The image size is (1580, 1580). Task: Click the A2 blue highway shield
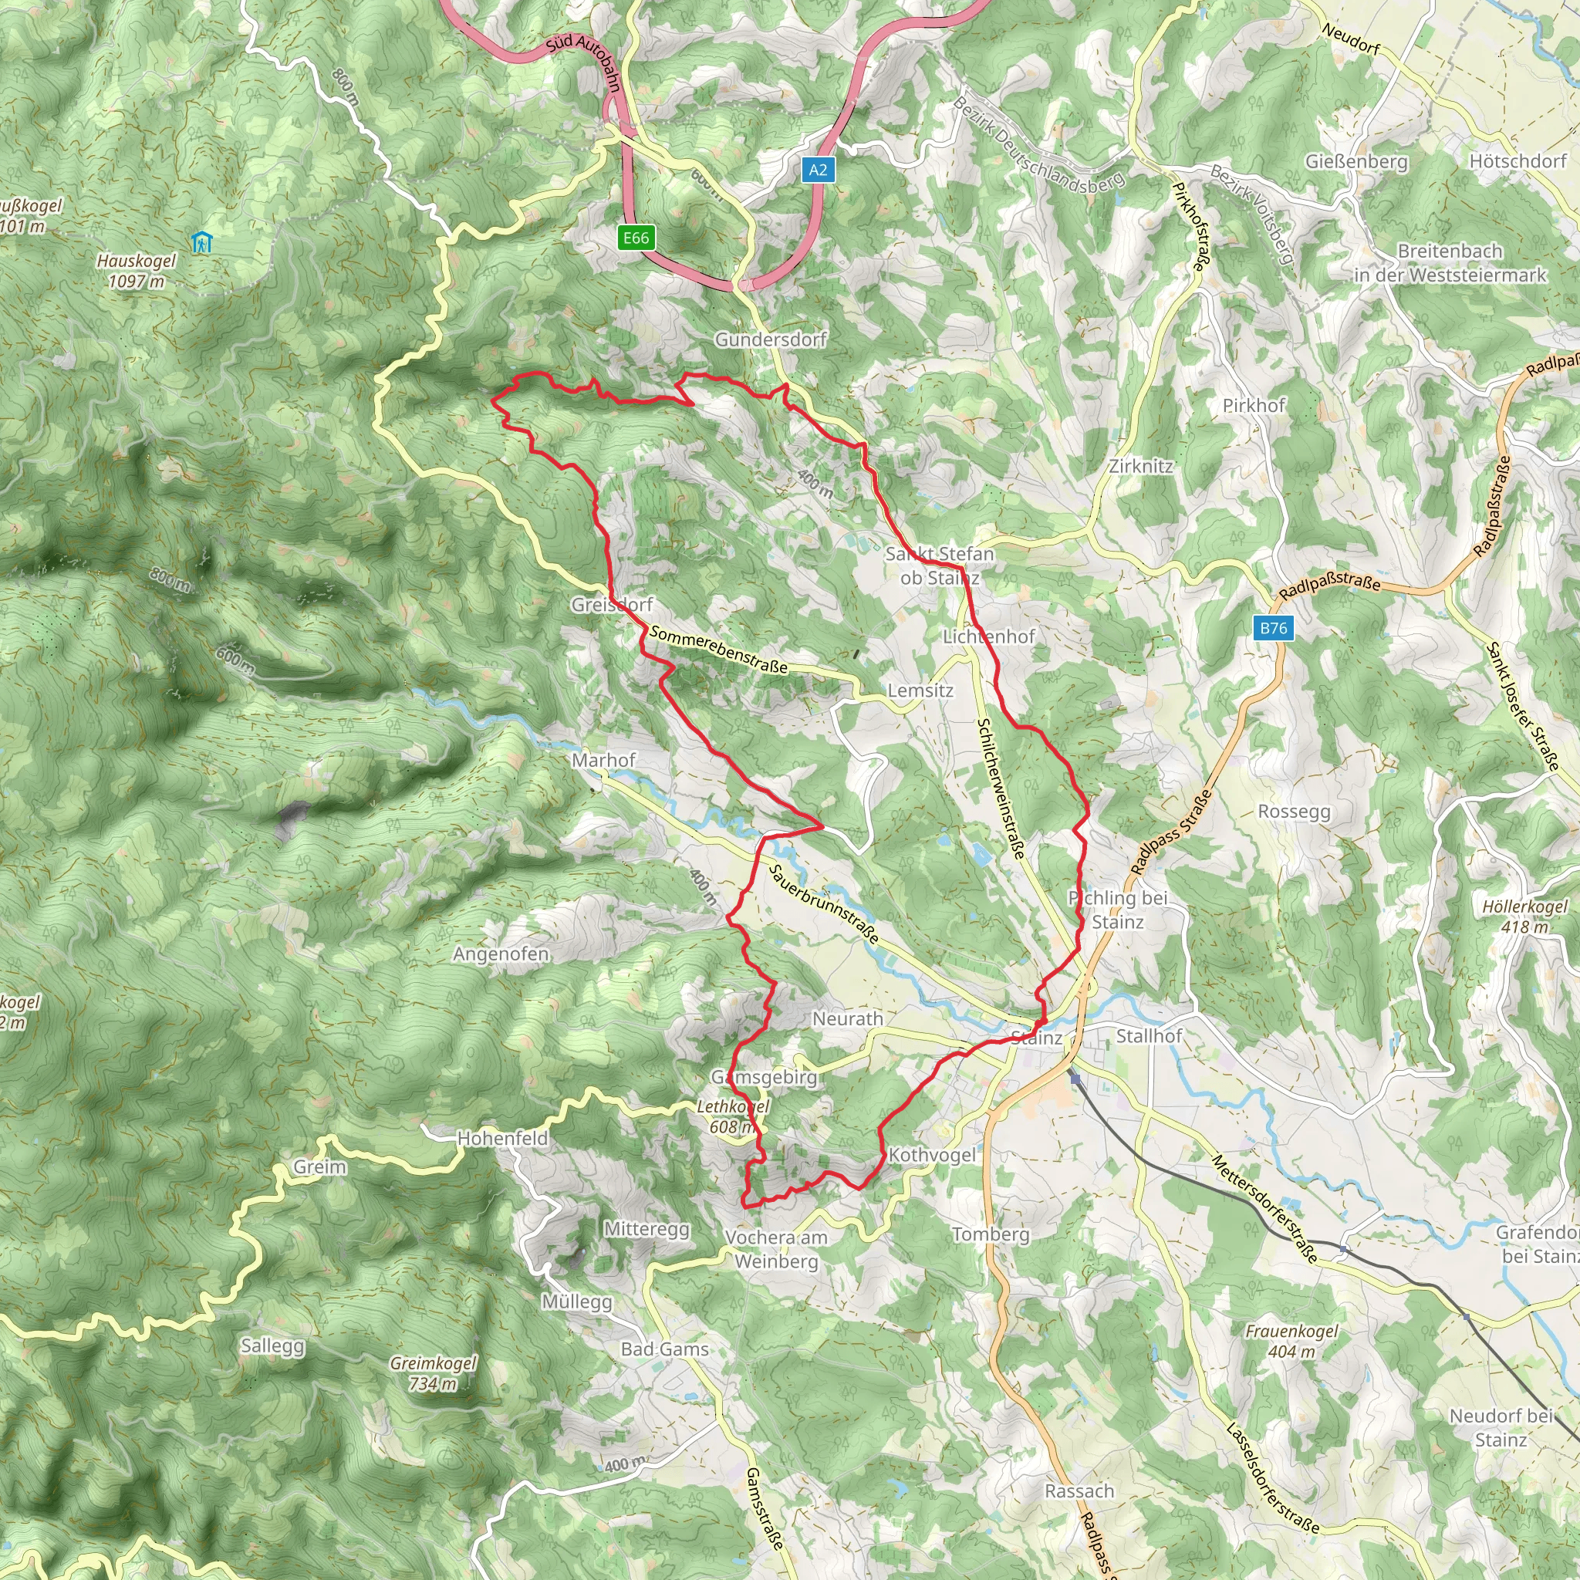[x=818, y=170]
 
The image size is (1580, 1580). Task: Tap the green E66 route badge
[x=636, y=238]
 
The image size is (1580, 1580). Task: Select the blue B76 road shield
[x=1272, y=628]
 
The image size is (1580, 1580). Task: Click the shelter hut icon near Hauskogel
[x=201, y=242]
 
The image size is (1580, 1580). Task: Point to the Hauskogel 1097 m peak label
[x=137, y=271]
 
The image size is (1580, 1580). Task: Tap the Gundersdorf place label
[x=771, y=339]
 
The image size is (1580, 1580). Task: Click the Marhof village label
[x=603, y=761]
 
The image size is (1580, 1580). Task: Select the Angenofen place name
[x=501, y=954]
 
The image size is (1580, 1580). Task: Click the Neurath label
[x=847, y=1019]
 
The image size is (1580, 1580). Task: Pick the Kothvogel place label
[x=931, y=1156]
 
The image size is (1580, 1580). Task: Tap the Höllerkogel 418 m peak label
[x=1524, y=917]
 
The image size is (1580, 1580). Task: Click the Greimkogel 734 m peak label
[x=433, y=1374]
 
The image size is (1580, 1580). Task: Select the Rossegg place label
[x=1294, y=812]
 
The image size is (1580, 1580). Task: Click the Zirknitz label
[x=1141, y=466]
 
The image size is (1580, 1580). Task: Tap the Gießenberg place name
[x=1356, y=162]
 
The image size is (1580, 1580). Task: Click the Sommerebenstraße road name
[x=718, y=650]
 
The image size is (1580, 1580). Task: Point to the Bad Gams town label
[x=664, y=1349]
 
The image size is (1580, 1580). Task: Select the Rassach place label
[x=1079, y=1491]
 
